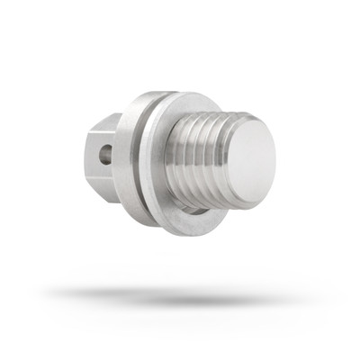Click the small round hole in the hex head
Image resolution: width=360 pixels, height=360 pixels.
pyautogui.click(x=106, y=155)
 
